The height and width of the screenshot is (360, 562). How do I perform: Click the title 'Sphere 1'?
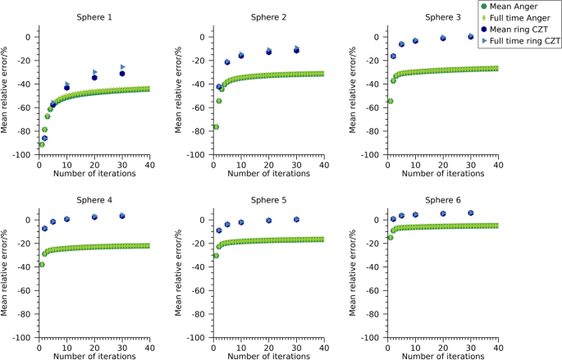[94, 17]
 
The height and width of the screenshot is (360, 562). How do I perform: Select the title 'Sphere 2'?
[267, 17]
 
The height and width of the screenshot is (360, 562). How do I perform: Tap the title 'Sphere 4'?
[94, 200]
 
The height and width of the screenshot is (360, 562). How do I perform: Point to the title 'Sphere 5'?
[267, 200]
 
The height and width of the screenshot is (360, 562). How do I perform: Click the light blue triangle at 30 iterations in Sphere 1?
[123, 66]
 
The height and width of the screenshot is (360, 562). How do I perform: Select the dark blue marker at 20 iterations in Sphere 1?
[94, 77]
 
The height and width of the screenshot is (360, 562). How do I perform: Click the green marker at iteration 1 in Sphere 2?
[216, 127]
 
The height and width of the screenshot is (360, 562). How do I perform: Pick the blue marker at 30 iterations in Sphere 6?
[471, 213]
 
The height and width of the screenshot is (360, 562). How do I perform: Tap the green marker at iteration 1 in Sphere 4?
[42, 264]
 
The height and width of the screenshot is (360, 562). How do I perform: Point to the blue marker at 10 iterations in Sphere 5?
[241, 222]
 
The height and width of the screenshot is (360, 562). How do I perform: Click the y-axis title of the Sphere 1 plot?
[6, 95]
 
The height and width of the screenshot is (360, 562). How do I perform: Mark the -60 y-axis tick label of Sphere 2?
[197, 107]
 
